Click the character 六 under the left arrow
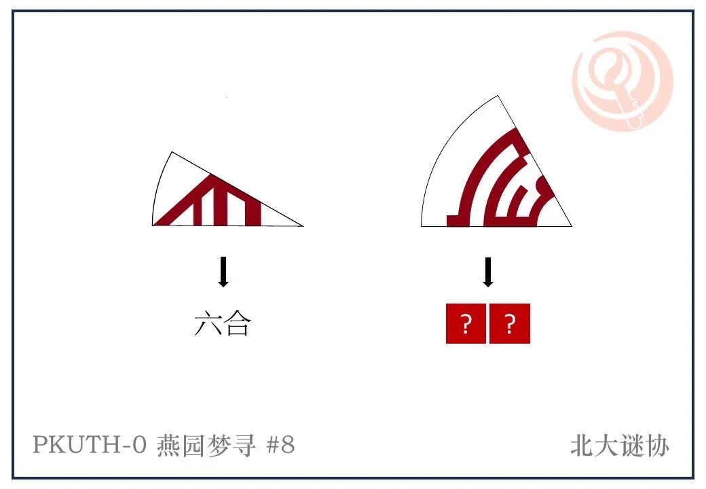[x=208, y=323]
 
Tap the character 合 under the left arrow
[x=238, y=323]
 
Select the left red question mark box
[x=466, y=323]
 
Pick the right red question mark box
[x=509, y=323]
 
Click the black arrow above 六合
[x=223, y=272]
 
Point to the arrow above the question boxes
[x=487, y=272]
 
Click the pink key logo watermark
[x=623, y=81]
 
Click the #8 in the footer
[x=280, y=444]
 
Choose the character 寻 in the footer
[x=244, y=445]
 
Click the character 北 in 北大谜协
[x=582, y=446]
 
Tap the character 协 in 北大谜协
[x=657, y=446]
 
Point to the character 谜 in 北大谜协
[x=632, y=446]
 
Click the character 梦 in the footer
[x=219, y=445]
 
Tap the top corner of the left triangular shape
[x=172, y=152]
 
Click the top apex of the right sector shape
[x=498, y=96]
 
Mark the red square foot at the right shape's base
[x=458, y=221]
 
